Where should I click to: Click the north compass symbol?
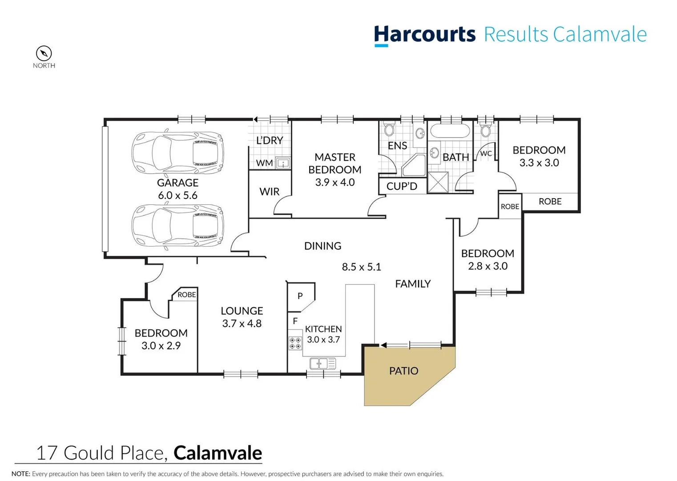pos(44,53)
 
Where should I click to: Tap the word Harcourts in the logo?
pos(424,34)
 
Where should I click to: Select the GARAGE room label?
pos(177,183)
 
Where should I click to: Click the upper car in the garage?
pos(177,152)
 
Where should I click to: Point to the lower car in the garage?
pos(177,225)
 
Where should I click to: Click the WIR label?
pos(269,192)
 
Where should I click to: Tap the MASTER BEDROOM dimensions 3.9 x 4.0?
pos(334,182)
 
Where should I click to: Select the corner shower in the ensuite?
pos(414,166)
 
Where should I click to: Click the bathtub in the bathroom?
pos(450,131)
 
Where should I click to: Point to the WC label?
pos(486,154)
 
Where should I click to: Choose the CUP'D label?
pos(402,186)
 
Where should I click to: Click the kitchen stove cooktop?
pos(295,343)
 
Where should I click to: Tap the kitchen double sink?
pos(322,363)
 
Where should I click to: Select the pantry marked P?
pos(300,296)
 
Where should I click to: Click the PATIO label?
pos(403,371)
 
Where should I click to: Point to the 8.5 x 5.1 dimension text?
pos(361,267)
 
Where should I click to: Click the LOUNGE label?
pos(242,311)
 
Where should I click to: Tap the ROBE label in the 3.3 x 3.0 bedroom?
pos(550,201)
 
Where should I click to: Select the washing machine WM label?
pos(264,163)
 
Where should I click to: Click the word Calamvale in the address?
pos(218,453)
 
